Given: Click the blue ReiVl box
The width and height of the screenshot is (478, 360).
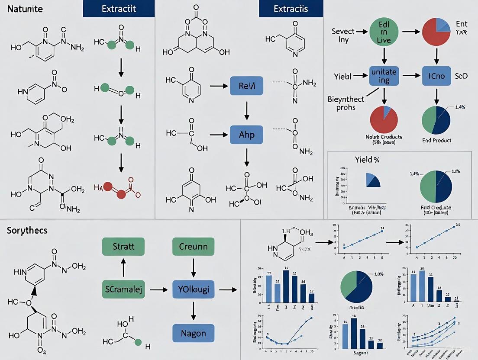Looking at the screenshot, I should (x=245, y=86).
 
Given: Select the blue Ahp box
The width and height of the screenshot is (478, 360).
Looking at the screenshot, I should (x=245, y=135).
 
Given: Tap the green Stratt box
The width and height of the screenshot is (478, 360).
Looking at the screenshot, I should (x=123, y=247).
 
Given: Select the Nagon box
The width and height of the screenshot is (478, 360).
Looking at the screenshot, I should (x=193, y=333).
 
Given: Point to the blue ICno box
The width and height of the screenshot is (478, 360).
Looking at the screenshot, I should (x=436, y=75).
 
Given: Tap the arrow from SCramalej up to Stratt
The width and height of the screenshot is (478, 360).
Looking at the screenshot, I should (x=123, y=268).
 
